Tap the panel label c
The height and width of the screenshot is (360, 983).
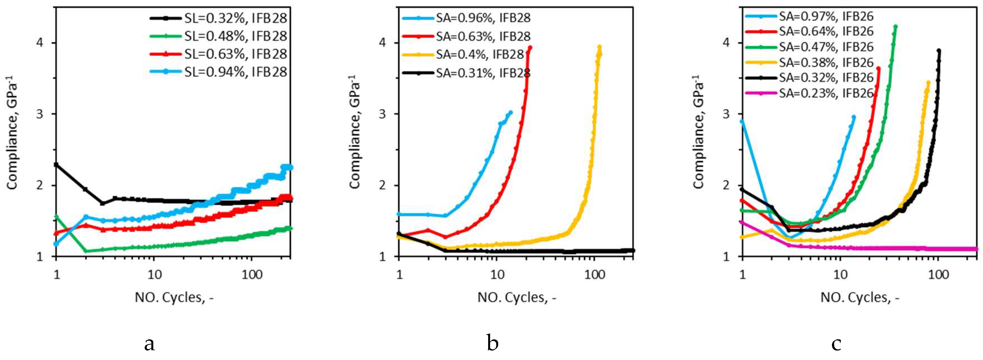pos(836,343)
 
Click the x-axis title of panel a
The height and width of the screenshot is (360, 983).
pos(174,297)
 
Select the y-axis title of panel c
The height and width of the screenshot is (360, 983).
pos(698,132)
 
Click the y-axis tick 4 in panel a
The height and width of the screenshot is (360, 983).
pos(39,42)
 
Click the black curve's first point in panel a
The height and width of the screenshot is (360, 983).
pos(57,164)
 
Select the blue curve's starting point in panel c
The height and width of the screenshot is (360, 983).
pos(742,121)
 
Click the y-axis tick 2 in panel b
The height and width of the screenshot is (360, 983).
pos(382,185)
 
